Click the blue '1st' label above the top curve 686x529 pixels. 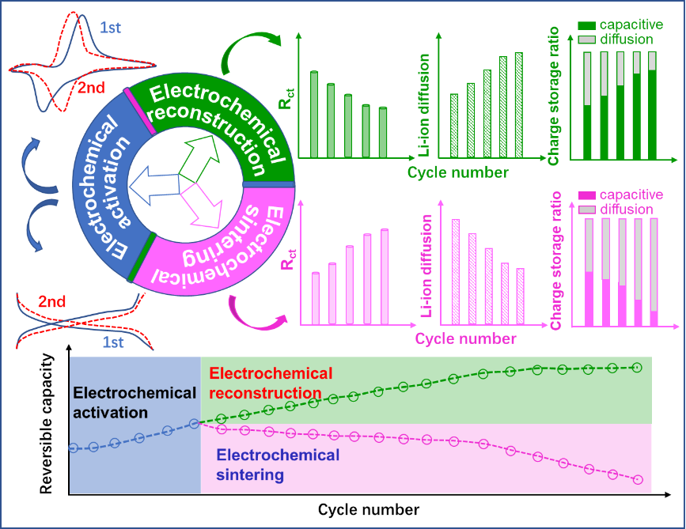coord(111,28)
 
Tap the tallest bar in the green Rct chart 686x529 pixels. coord(314,114)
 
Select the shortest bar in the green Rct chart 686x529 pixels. coord(383,132)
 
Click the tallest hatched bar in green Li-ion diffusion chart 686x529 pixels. coord(518,105)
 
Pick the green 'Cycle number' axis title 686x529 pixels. coord(458,172)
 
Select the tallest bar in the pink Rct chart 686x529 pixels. coord(385,276)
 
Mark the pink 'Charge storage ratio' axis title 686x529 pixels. coord(555,260)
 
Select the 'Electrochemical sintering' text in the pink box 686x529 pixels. coord(278,465)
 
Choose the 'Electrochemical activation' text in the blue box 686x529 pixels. coord(134,402)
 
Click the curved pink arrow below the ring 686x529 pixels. coord(252,316)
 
